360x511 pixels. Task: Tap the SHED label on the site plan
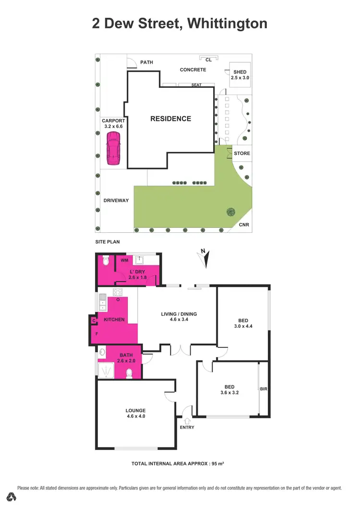pos(240,72)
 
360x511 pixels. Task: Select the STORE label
pos(241,154)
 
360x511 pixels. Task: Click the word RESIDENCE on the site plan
pos(170,119)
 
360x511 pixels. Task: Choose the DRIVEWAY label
pos(116,200)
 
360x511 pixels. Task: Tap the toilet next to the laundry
pos(106,261)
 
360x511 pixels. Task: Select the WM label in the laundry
pos(124,261)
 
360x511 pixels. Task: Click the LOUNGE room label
pos(135,410)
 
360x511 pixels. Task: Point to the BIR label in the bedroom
pos(263,389)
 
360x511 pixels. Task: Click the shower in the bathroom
pos(104,370)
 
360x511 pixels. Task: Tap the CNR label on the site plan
pos(244,225)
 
